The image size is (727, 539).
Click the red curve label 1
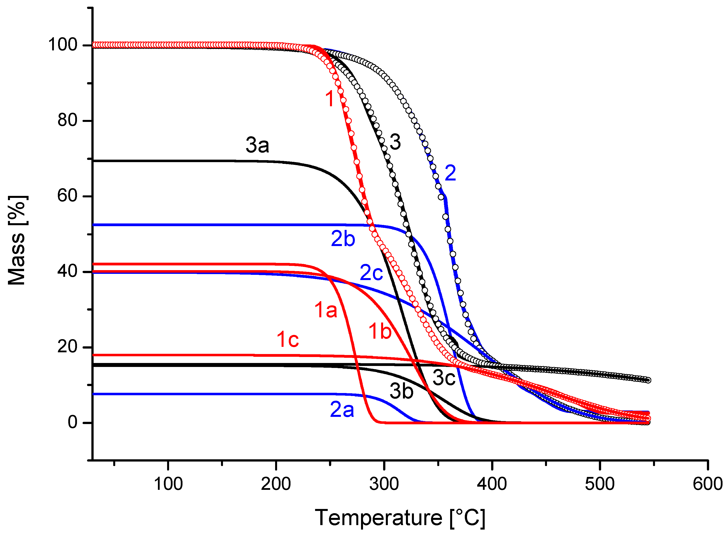coord(330,99)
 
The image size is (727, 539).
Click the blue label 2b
coord(343,239)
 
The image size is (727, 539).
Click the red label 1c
coord(288,339)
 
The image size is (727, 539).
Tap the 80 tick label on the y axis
coord(67,120)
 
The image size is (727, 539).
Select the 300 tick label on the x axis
coord(384,484)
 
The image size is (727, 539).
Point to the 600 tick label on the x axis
coord(707,484)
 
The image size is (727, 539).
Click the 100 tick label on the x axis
coord(168,484)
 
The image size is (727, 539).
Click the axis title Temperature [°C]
coord(400,518)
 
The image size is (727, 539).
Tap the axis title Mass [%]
coord(17,241)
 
